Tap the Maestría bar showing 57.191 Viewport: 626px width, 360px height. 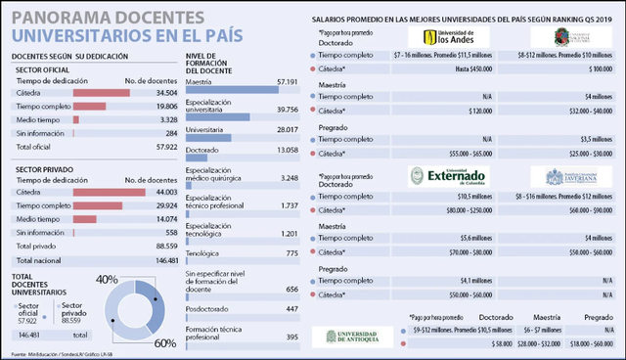231,91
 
